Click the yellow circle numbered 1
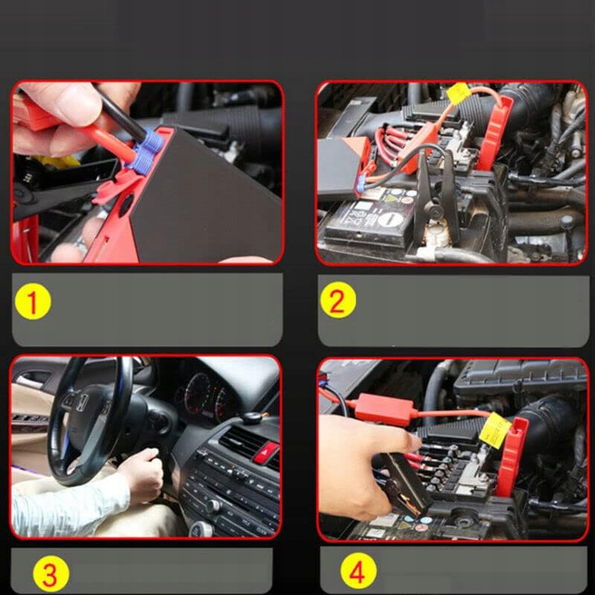pyautogui.click(x=33, y=302)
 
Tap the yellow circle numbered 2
pyautogui.click(x=338, y=300)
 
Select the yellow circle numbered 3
pyautogui.click(x=51, y=573)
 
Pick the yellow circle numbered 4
pyautogui.click(x=358, y=571)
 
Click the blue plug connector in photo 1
pyautogui.click(x=146, y=152)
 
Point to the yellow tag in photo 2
pyautogui.click(x=458, y=94)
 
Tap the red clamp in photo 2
pyautogui.click(x=493, y=133)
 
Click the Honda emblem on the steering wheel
pyautogui.click(x=82, y=402)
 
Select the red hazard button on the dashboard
pyautogui.click(x=266, y=452)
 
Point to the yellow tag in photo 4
pyautogui.click(x=495, y=431)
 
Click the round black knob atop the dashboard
pyautogui.click(x=252, y=417)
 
